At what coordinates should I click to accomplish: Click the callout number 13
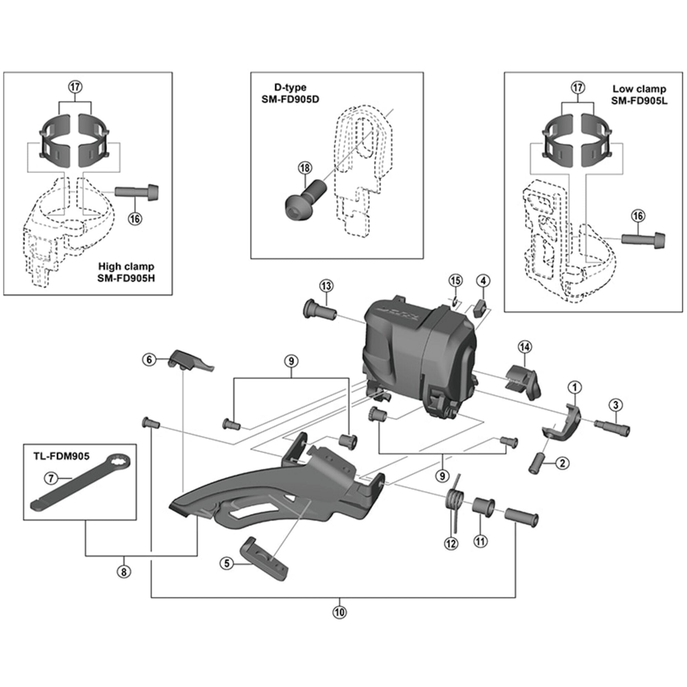tap(326, 285)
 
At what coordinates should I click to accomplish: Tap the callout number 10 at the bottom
tap(340, 612)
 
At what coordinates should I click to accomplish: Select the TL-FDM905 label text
tap(61, 456)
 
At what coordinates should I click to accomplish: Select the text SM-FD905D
tap(290, 99)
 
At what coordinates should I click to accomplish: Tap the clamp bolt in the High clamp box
tap(137, 192)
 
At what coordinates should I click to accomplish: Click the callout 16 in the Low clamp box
tap(638, 216)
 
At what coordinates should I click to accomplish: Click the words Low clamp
tap(639, 89)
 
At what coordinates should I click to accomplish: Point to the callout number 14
tap(525, 346)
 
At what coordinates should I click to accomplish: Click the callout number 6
tap(149, 360)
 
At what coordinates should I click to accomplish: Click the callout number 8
tap(124, 572)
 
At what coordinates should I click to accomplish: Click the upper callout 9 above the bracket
tap(291, 361)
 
